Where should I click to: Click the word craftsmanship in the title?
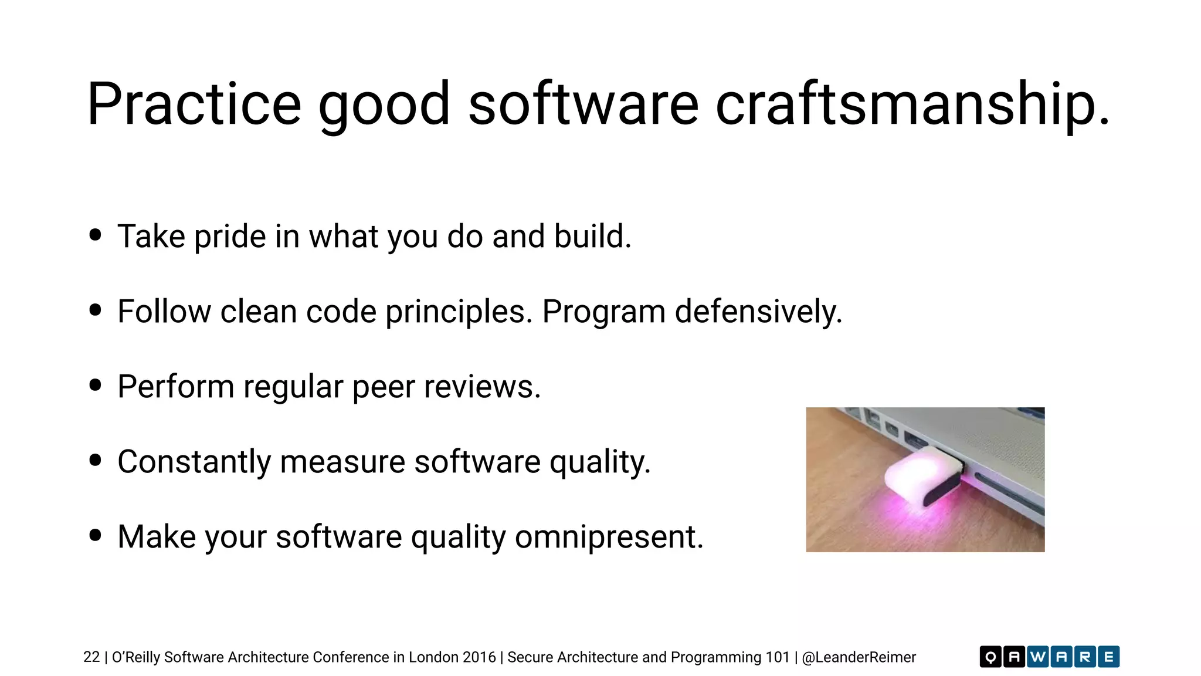tap(912, 104)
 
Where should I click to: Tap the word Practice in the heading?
tap(194, 104)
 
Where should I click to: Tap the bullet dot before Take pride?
tap(96, 235)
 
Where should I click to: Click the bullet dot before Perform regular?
tap(96, 385)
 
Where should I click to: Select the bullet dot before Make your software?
tap(96, 535)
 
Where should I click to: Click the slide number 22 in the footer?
tap(91, 657)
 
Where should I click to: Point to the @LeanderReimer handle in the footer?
tap(859, 657)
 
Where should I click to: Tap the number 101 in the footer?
tap(778, 657)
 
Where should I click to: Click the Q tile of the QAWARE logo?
tap(990, 657)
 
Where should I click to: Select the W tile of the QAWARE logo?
tap(1037, 657)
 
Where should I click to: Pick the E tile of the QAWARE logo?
tap(1108, 657)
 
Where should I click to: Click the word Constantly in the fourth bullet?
tap(194, 462)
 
